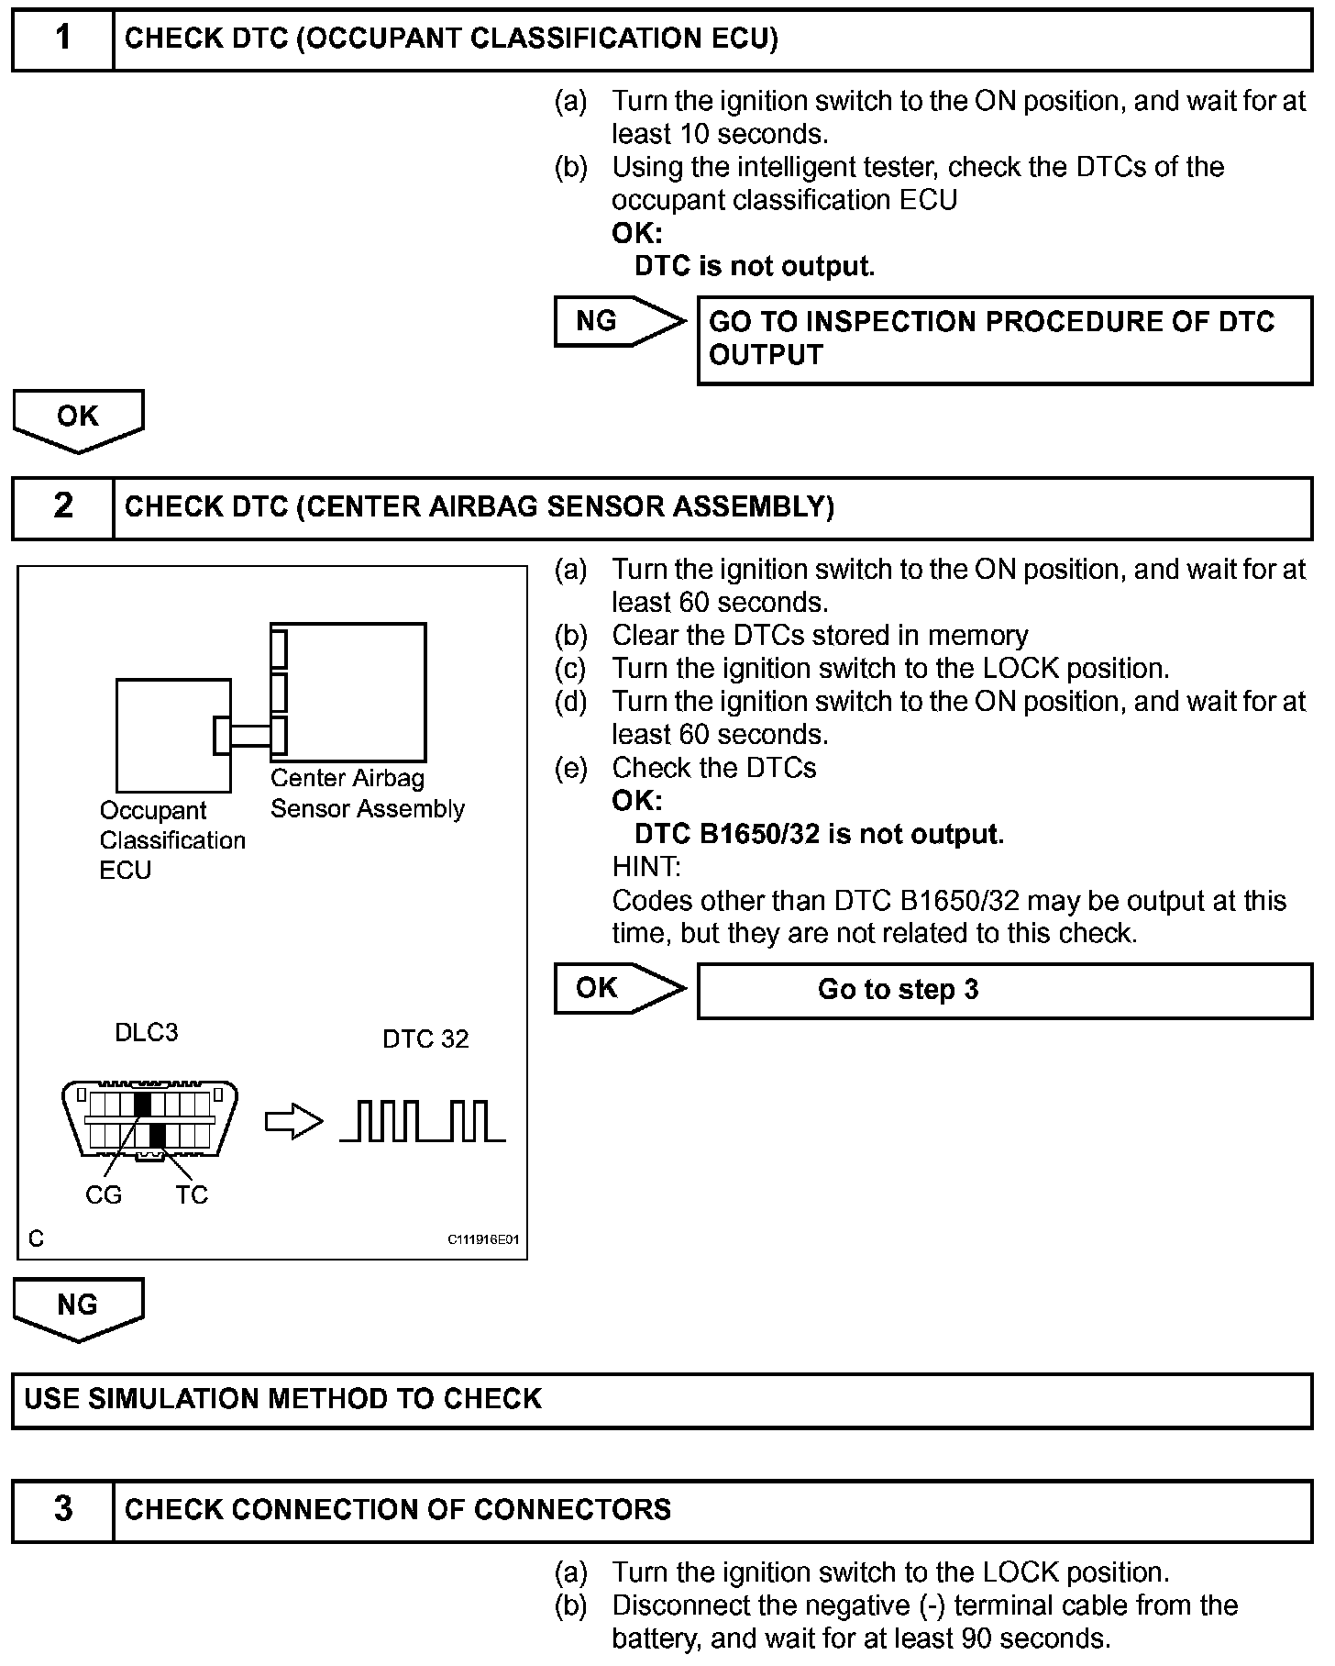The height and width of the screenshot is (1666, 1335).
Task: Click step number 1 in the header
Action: [62, 39]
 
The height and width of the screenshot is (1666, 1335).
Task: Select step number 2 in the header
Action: [62, 506]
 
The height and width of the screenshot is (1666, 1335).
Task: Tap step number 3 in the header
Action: [62, 1509]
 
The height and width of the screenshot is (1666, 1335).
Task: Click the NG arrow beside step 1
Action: [616, 321]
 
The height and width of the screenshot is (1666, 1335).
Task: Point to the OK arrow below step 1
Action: [78, 418]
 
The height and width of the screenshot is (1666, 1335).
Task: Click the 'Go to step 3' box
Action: [1004, 990]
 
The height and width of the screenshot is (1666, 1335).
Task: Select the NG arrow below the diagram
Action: [78, 1306]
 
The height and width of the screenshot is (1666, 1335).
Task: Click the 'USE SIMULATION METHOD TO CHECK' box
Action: [662, 1400]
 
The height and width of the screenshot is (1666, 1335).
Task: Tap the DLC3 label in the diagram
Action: [147, 1033]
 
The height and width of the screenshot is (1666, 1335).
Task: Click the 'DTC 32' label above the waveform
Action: [425, 1039]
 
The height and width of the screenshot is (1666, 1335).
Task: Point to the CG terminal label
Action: [103, 1194]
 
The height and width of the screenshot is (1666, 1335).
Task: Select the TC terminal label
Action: [192, 1194]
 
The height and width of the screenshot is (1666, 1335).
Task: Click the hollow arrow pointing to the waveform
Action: [293, 1123]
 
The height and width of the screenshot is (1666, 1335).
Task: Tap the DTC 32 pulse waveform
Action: [423, 1121]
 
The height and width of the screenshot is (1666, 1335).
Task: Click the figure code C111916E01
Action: [483, 1239]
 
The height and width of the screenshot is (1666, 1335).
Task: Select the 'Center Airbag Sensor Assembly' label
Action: [367, 794]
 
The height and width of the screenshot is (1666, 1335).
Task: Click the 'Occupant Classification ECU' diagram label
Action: [171, 840]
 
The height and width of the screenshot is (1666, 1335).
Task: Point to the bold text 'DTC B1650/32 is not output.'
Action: [819, 834]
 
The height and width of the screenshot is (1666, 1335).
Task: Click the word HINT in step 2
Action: [646, 867]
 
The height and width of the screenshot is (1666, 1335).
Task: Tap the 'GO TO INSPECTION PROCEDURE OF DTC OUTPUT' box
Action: [1004, 339]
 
